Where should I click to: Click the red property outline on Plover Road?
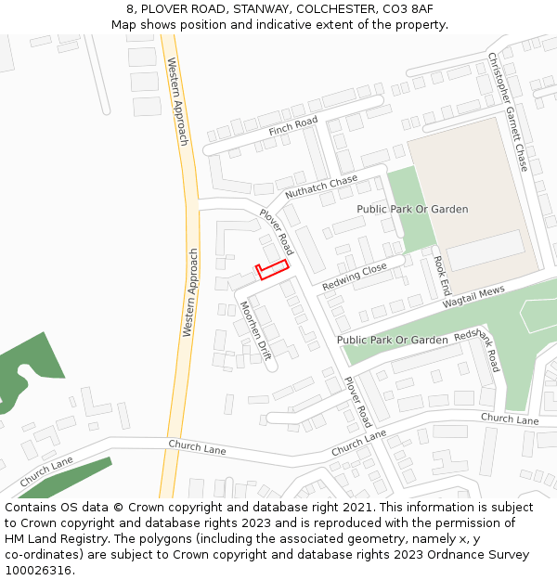click(x=272, y=270)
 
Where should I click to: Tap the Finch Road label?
click(x=292, y=126)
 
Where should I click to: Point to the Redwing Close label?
click(x=354, y=277)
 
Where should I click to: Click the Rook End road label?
click(x=441, y=276)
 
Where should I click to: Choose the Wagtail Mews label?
click(x=473, y=297)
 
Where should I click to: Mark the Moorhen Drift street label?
click(x=255, y=330)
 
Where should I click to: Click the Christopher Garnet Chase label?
click(x=508, y=111)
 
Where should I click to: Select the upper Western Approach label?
click(x=176, y=101)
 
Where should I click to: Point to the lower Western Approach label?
click(x=190, y=291)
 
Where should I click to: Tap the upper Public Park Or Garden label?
click(x=412, y=210)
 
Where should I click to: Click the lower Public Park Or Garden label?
click(x=392, y=341)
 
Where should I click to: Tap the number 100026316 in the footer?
click(x=38, y=570)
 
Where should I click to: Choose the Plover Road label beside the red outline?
click(x=277, y=231)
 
